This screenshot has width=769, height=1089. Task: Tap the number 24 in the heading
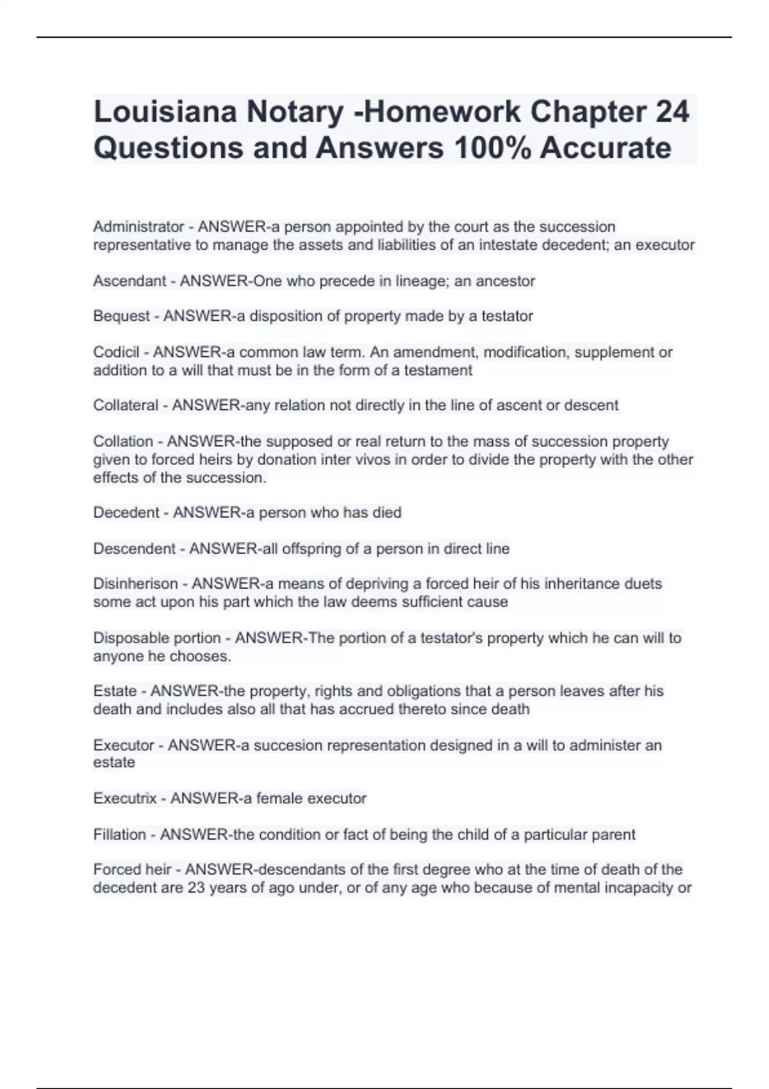pyautogui.click(x=672, y=111)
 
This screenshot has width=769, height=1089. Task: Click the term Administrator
pyautogui.click(x=138, y=227)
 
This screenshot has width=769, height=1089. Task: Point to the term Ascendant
pyautogui.click(x=129, y=281)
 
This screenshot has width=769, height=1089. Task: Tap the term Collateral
pyautogui.click(x=126, y=405)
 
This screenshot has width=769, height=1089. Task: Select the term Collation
pyautogui.click(x=123, y=441)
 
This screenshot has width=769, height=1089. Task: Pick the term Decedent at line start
pyautogui.click(x=126, y=512)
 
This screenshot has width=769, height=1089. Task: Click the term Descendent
pyautogui.click(x=134, y=548)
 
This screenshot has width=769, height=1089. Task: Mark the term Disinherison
pyautogui.click(x=135, y=584)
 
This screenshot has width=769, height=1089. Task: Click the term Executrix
pyautogui.click(x=125, y=798)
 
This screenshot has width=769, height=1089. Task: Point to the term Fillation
pyautogui.click(x=119, y=835)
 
